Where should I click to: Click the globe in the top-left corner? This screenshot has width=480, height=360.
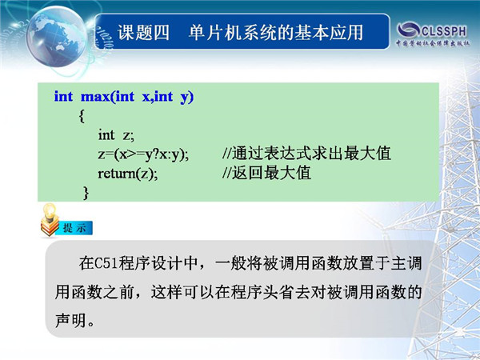[x=58, y=37]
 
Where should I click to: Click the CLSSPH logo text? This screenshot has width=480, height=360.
[x=444, y=31]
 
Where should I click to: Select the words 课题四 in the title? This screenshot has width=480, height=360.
[x=143, y=33]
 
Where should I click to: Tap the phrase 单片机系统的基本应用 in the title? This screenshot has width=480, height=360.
[x=276, y=33]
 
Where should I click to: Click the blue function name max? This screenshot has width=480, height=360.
[x=94, y=97]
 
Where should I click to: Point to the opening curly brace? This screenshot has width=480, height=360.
[x=82, y=116]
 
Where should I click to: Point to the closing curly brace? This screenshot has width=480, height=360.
[x=86, y=193]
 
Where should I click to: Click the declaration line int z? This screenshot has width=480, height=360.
[x=116, y=135]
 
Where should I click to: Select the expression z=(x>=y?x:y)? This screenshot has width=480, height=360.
[x=143, y=154]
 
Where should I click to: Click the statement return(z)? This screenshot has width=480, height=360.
[x=128, y=174]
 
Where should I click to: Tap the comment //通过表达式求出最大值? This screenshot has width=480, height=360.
[x=306, y=154]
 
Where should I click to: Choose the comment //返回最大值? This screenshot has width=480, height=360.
[x=266, y=173]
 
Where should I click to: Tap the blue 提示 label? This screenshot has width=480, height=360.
[x=74, y=228]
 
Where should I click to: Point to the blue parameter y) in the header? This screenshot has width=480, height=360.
[x=186, y=98]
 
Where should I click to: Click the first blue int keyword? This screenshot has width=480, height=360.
[x=63, y=97]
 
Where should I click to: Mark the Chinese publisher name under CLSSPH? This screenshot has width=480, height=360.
[x=433, y=43]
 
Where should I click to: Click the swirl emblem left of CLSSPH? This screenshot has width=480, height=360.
[x=408, y=30]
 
